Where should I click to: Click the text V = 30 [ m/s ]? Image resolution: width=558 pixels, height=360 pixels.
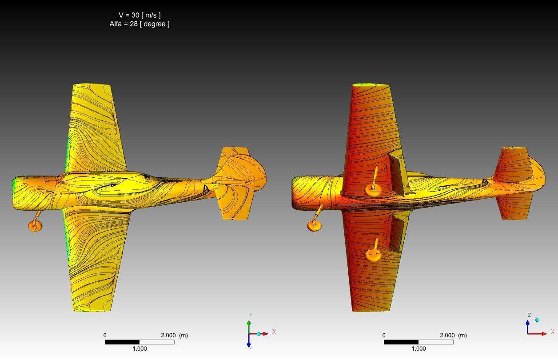point(140,15)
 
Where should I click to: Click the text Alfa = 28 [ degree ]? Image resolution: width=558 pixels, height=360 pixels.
point(139,24)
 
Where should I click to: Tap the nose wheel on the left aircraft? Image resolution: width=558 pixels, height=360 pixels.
point(35,226)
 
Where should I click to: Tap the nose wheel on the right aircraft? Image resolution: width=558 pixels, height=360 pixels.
point(315,226)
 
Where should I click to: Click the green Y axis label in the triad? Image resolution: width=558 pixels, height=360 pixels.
point(251,315)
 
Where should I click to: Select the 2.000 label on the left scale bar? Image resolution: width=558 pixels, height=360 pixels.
point(168,336)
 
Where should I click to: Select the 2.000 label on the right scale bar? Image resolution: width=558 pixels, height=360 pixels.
point(447,336)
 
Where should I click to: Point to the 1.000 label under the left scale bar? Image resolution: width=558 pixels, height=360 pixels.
point(139,348)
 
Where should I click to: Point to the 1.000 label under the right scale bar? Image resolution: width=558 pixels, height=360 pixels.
point(418,348)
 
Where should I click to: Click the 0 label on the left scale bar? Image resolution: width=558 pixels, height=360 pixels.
point(105,336)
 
